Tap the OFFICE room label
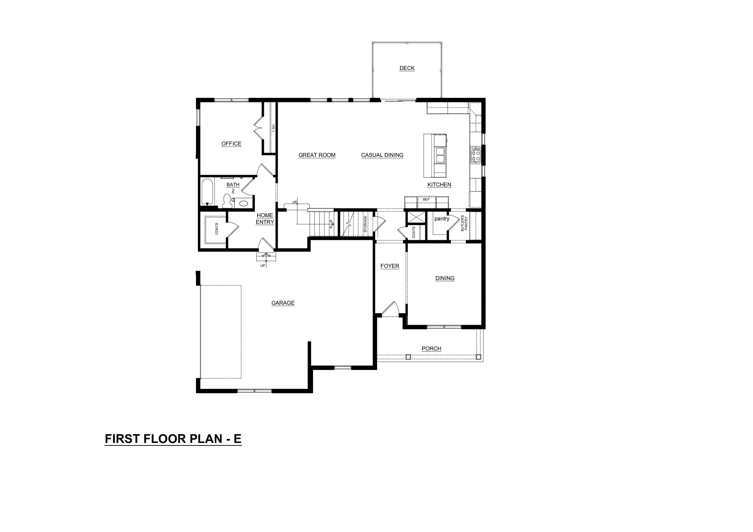pyautogui.click(x=231, y=144)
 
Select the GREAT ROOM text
pyautogui.click(x=317, y=155)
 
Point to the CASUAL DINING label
pyautogui.click(x=382, y=155)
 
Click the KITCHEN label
pyautogui.click(x=439, y=185)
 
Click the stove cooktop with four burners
pyautogui.click(x=476, y=155)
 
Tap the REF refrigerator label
pyautogui.click(x=426, y=199)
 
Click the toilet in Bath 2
pyautogui.click(x=227, y=201)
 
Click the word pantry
pyautogui.click(x=442, y=219)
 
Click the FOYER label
pyautogui.click(x=390, y=266)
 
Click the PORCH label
pyautogui.click(x=431, y=349)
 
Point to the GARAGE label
pyautogui.click(x=283, y=303)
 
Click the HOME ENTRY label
pyautogui.click(x=265, y=219)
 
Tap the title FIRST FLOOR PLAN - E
pyautogui.click(x=173, y=439)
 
